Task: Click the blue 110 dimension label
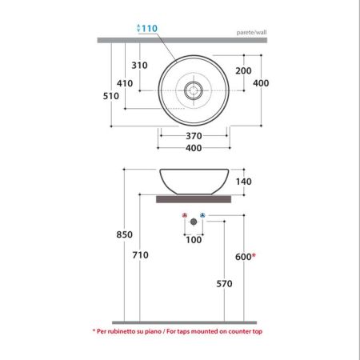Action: point(150,29)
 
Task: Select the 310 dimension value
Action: point(139,66)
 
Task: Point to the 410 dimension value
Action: point(124,82)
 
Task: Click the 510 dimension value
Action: point(110,96)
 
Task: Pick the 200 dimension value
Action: point(243,70)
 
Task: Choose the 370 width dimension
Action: point(192,136)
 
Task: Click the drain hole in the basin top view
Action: point(194,90)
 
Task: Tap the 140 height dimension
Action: point(243,182)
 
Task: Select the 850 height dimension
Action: point(111,235)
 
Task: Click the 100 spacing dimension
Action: point(194,239)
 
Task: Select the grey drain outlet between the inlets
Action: point(194,221)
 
